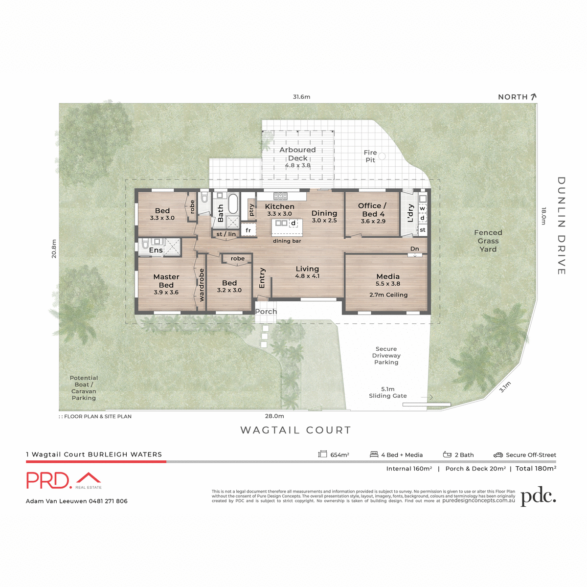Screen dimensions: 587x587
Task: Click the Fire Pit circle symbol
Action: click(382, 156)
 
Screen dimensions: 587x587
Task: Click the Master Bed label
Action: click(166, 281)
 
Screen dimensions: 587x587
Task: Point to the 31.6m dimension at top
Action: click(301, 97)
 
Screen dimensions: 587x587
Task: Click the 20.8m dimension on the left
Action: click(54, 248)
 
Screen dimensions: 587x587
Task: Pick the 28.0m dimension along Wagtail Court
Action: click(274, 416)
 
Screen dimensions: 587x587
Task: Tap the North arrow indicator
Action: click(533, 97)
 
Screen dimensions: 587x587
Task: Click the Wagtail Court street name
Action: click(296, 430)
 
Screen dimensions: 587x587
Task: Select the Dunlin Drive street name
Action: click(561, 226)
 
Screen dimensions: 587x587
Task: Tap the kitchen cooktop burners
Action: click(280, 196)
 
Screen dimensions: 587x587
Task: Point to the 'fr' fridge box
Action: click(248, 230)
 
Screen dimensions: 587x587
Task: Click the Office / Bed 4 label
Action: click(373, 210)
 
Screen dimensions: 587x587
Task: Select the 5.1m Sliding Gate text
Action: click(387, 393)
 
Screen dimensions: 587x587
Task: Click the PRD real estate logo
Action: click(64, 480)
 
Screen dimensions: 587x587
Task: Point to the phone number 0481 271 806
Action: click(108, 501)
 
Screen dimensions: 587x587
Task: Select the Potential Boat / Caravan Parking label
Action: click(84, 388)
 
